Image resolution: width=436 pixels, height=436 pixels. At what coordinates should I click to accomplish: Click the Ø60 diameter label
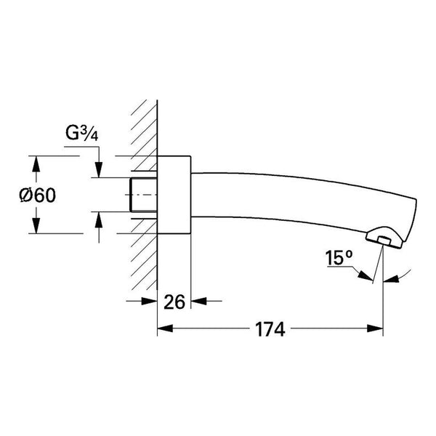pos(38,195)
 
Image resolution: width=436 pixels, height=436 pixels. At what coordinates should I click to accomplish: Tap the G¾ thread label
pos(81,133)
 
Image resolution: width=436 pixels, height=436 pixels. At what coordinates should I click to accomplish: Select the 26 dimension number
pos(174,302)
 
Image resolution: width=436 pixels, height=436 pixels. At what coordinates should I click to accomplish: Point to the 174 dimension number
pos(270,329)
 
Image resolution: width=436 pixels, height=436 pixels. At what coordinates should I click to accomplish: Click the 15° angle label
pos(339,258)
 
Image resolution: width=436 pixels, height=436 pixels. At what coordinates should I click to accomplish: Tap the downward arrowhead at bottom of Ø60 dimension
pos(36,226)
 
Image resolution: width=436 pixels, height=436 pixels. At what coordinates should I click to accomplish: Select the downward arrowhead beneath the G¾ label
pos(99,169)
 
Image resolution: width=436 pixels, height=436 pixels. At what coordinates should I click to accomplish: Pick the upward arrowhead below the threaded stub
pos(99,219)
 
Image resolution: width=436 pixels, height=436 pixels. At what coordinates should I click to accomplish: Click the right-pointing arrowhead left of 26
pos(149,301)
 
